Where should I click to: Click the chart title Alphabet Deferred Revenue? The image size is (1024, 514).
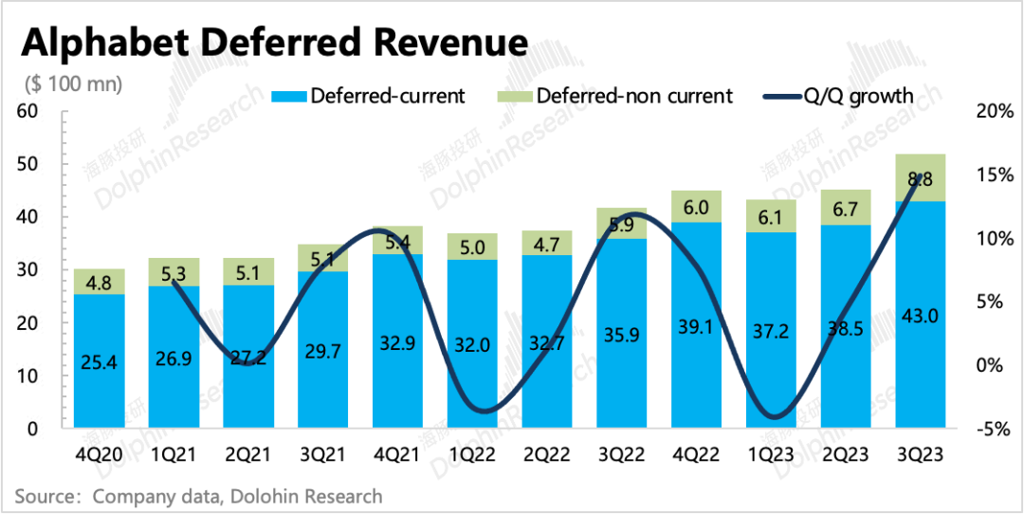click(x=275, y=42)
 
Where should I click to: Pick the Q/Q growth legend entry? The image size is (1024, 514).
click(x=838, y=96)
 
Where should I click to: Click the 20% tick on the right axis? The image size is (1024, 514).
click(x=995, y=111)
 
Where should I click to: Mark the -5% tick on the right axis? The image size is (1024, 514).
click(x=995, y=429)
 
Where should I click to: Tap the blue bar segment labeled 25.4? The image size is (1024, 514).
click(x=100, y=361)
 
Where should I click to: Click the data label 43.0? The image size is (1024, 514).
click(x=920, y=315)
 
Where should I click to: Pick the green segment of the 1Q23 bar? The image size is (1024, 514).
click(x=771, y=216)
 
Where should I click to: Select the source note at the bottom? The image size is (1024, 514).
click(x=198, y=496)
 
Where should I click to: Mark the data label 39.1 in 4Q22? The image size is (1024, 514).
click(x=696, y=324)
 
